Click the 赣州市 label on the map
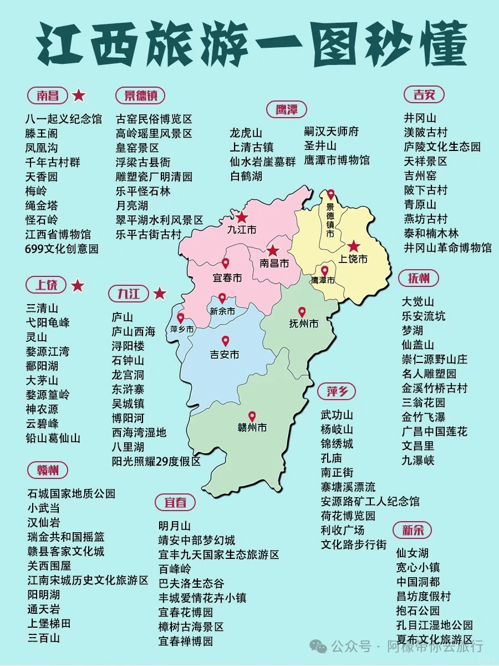(x=252, y=428)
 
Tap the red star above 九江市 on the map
(x=242, y=218)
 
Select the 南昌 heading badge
(x=48, y=95)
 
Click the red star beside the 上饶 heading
(x=78, y=286)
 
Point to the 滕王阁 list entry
(x=42, y=133)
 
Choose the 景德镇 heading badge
(x=140, y=95)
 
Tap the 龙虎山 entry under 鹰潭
(x=246, y=133)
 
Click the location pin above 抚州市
(x=302, y=312)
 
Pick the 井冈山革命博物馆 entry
(x=447, y=248)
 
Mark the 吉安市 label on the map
(x=225, y=354)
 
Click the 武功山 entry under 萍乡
(x=337, y=415)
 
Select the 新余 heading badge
(x=413, y=529)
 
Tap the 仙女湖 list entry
(x=412, y=553)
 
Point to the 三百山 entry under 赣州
(x=44, y=638)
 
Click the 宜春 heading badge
(x=175, y=502)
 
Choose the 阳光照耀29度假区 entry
(x=156, y=461)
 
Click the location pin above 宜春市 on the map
(x=226, y=263)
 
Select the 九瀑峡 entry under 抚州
(x=418, y=460)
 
